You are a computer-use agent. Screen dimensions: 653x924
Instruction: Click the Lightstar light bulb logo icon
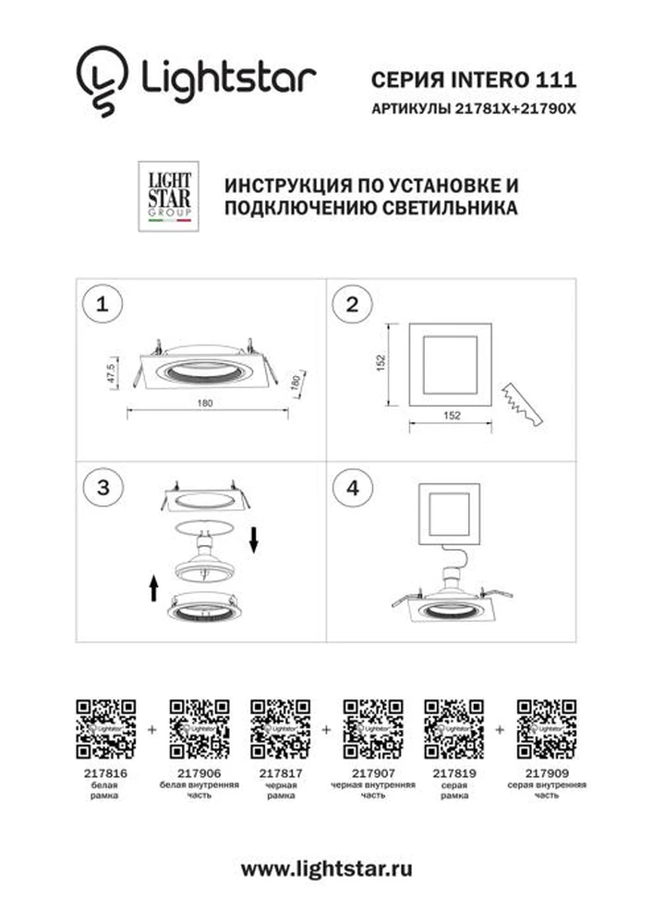click(x=102, y=80)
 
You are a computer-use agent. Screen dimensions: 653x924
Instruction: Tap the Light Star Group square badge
click(x=168, y=196)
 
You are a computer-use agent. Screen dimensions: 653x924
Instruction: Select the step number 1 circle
click(x=103, y=305)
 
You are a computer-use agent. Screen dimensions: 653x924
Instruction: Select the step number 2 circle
click(x=352, y=305)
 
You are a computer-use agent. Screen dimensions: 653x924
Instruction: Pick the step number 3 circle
click(x=103, y=488)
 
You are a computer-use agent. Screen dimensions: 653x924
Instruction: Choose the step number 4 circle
click(x=352, y=488)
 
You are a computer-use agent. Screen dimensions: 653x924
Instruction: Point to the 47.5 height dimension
click(x=112, y=374)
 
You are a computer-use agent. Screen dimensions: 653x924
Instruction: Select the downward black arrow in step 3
click(x=254, y=541)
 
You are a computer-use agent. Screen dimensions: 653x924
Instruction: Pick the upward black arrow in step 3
click(x=154, y=588)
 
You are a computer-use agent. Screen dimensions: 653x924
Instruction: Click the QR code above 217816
click(x=106, y=729)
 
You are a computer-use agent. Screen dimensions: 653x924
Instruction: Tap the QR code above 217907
click(x=373, y=729)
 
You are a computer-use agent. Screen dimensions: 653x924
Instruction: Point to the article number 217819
click(x=454, y=773)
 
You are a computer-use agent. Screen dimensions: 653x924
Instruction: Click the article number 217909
click(x=547, y=773)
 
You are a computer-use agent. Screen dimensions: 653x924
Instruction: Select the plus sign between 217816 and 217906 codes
click(x=152, y=730)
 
